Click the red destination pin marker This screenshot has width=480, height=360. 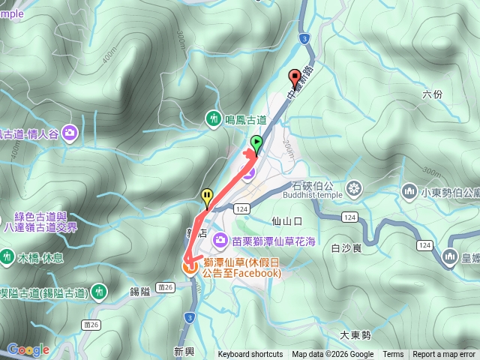[295, 77]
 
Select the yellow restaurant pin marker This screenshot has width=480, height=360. [207, 197]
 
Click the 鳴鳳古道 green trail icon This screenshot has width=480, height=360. [214, 119]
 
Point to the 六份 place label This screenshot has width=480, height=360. [433, 94]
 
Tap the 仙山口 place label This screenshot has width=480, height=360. [287, 221]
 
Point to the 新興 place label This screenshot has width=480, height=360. [184, 350]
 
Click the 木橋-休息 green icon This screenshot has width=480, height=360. [7, 256]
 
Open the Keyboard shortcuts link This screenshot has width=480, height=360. [250, 355]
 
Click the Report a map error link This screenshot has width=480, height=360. [444, 355]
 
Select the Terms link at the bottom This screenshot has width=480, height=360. [393, 355]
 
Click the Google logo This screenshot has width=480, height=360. [28, 349]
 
